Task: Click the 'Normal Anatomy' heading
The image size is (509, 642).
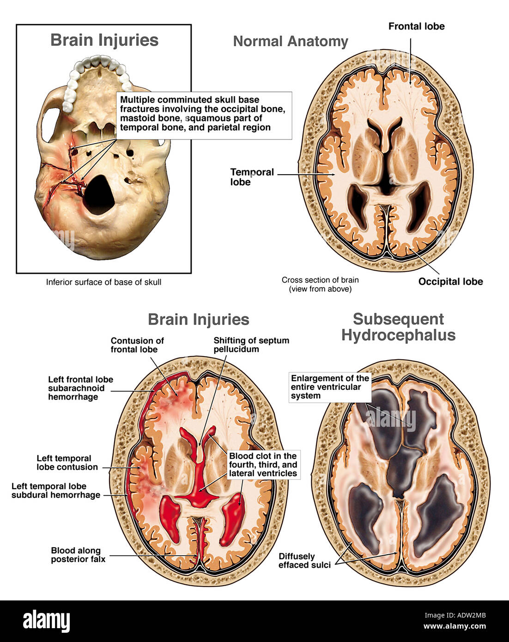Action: tap(291, 41)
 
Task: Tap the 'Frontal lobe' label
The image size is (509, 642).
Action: tap(416, 26)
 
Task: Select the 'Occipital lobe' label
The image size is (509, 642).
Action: tap(450, 281)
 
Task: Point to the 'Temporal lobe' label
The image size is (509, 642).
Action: tap(252, 177)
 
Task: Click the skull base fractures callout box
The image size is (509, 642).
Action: tap(204, 114)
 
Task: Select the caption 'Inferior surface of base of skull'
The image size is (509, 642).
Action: tap(103, 282)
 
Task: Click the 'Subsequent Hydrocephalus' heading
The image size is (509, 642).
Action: tap(398, 327)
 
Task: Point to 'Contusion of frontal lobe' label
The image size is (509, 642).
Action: tap(137, 345)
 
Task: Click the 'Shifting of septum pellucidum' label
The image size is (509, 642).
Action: tap(251, 345)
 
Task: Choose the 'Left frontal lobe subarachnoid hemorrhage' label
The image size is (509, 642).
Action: tap(80, 388)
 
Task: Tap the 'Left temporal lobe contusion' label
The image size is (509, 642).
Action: tap(67, 462)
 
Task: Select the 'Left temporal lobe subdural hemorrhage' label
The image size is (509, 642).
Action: tap(56, 491)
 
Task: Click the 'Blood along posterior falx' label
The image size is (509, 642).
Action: tap(78, 555)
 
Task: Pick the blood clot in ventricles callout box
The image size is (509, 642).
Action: tap(263, 465)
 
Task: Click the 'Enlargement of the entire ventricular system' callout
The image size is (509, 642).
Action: tap(330, 387)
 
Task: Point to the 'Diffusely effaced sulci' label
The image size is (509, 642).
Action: tap(304, 560)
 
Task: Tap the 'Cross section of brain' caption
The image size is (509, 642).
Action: tap(320, 284)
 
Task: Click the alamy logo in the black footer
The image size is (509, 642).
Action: tap(46, 621)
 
